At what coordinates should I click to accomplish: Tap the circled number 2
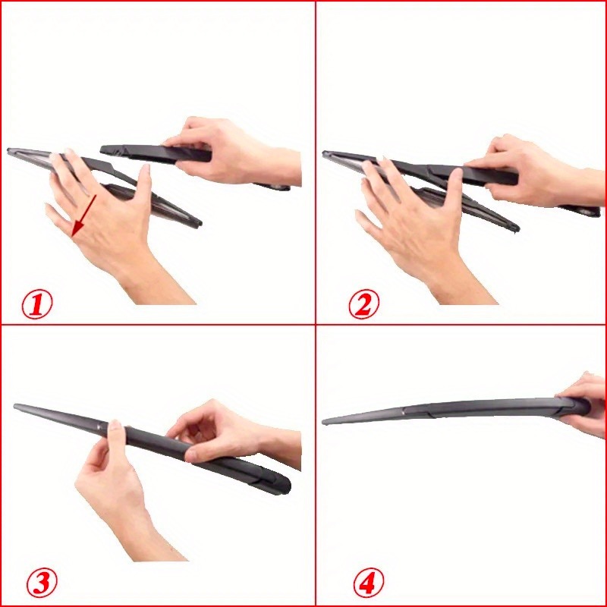[363, 305]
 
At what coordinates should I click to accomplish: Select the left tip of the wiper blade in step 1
[11, 151]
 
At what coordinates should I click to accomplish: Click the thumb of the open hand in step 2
[455, 190]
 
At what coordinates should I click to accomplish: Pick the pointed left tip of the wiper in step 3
[17, 407]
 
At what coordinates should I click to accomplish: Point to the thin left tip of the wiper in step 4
[326, 421]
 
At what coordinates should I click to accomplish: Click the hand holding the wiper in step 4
[588, 402]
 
